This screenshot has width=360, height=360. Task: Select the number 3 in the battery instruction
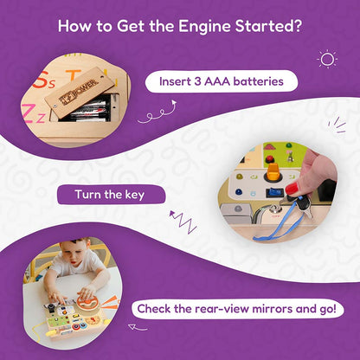(197, 81)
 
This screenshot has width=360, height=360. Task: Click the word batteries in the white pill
(258, 81)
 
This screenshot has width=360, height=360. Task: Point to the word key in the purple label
(134, 195)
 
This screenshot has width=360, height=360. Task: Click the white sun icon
(327, 60)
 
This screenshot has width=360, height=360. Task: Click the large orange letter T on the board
(73, 75)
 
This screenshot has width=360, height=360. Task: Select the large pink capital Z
(29, 113)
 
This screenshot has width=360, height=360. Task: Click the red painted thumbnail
(292, 189)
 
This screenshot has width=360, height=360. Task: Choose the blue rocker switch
(273, 193)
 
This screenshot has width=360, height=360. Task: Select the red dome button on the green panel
(270, 158)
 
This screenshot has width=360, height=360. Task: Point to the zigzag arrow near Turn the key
(183, 222)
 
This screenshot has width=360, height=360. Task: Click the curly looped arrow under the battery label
(157, 112)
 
